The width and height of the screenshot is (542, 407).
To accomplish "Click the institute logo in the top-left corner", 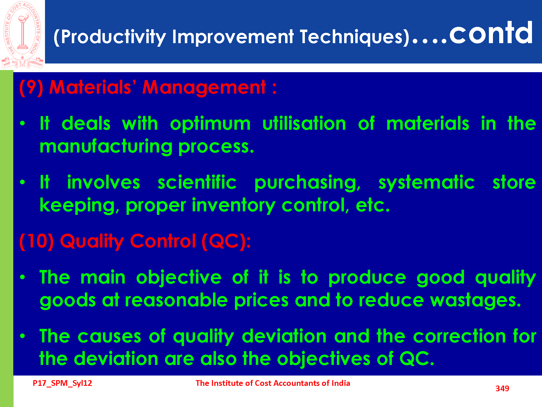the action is [x=22, y=35].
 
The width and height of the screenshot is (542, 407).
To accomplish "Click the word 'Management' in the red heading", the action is [x=204, y=88].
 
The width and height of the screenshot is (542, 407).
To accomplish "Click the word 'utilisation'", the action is [x=304, y=123].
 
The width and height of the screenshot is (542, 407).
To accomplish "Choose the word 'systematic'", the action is [x=427, y=183].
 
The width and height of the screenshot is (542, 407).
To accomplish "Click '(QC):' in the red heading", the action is [x=226, y=241].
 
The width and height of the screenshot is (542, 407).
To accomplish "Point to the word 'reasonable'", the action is [x=176, y=300].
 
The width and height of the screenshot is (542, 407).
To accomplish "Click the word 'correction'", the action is [x=460, y=336].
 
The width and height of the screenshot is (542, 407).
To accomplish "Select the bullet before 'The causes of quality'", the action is [x=22, y=336].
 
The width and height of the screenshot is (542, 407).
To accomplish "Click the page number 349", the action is [x=502, y=389].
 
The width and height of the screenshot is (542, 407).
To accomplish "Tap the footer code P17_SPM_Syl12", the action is [x=62, y=383].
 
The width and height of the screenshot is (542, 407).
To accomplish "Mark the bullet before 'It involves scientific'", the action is [x=22, y=182].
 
